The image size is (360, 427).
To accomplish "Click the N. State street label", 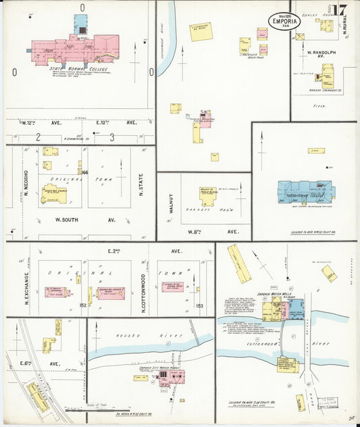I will pos(141,183).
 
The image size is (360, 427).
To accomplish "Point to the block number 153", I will pos(199,306).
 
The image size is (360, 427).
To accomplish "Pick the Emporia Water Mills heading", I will pos(269,293).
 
